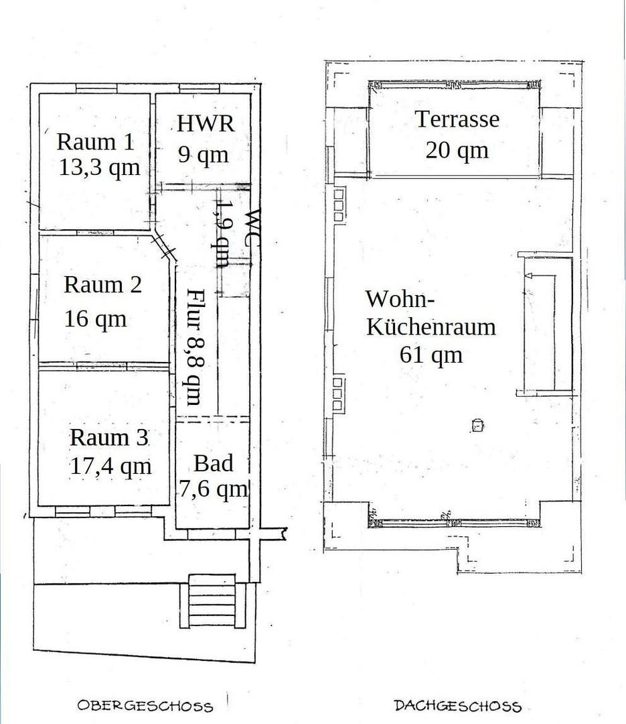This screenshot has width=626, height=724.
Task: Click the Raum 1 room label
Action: coord(96,141)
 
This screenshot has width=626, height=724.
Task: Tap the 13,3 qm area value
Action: coord(100,168)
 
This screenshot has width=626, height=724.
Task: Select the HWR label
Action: coord(206,123)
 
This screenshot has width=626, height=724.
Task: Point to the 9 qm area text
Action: coord(203,155)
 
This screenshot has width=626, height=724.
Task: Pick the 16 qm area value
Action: coord(95,318)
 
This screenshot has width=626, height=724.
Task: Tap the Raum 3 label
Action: coord(109,437)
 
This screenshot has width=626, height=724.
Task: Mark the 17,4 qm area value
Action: coord(110,467)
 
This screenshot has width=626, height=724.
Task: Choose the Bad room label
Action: coord(213,463)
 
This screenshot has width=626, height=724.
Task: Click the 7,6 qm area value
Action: coord(213,489)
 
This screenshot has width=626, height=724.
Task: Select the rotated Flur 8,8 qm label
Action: coord(194,347)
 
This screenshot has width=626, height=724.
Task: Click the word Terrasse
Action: coord(458,119)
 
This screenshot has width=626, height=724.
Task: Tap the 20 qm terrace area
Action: coord(457,151)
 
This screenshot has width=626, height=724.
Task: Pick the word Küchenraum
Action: coord(431,326)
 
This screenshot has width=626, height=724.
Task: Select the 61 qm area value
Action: coord(431,355)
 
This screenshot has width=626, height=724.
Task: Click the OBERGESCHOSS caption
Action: coord(145,706)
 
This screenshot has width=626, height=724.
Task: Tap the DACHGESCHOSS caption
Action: coord(458,706)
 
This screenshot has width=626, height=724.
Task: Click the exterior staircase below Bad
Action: coord(213,600)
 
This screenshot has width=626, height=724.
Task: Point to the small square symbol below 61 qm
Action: coord(477,424)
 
